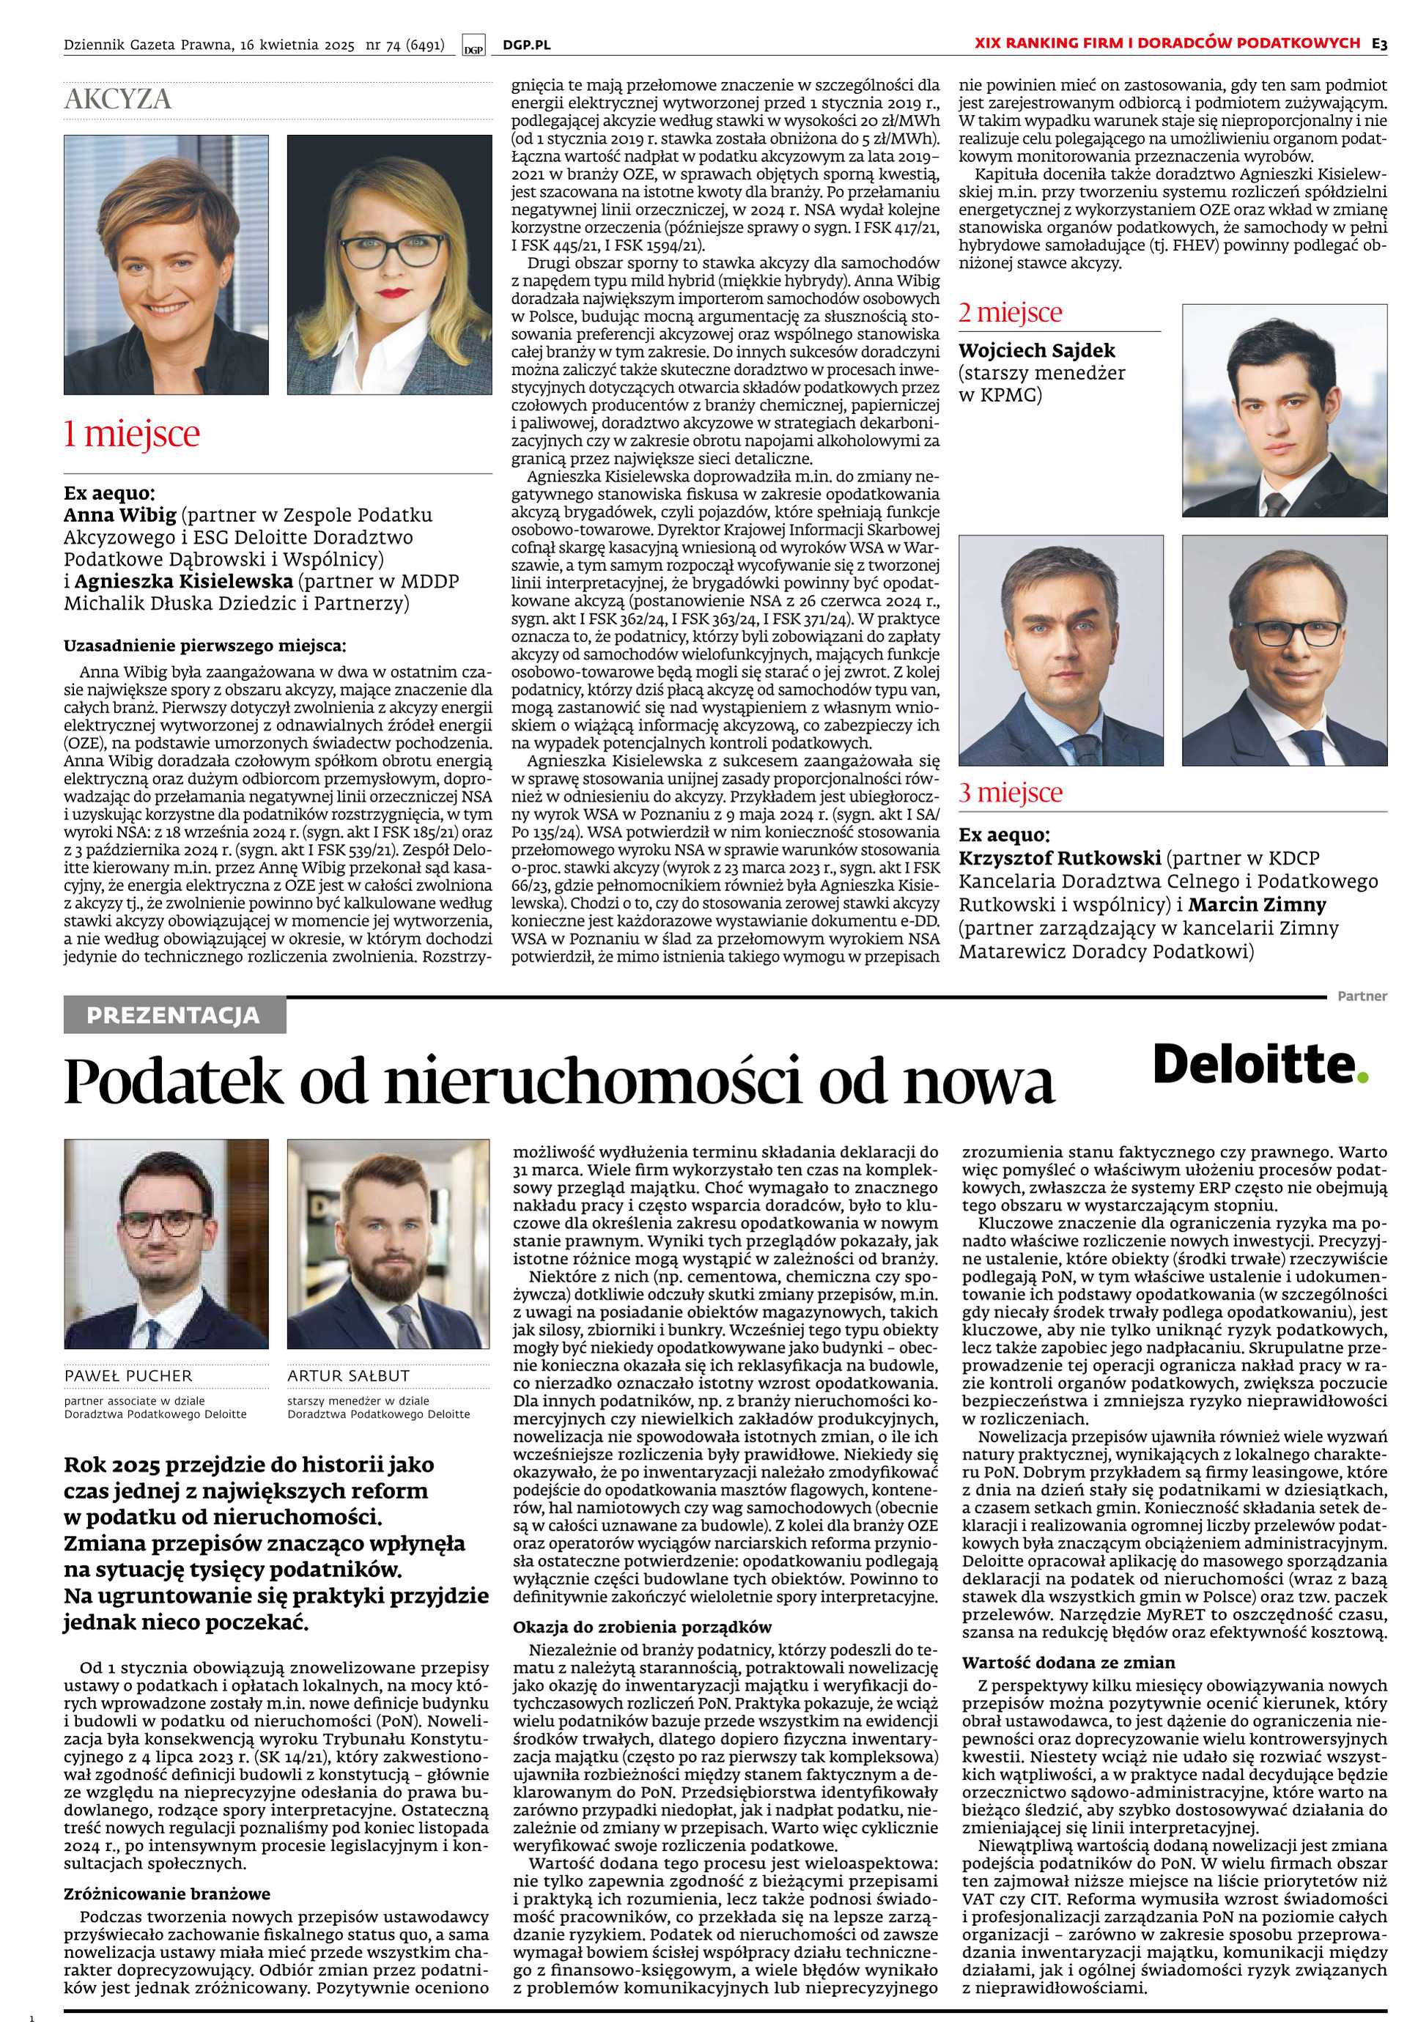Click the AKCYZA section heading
(x=117, y=100)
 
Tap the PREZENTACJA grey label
(x=174, y=1016)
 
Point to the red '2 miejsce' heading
(x=1011, y=312)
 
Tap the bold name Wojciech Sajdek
(x=1025, y=351)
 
